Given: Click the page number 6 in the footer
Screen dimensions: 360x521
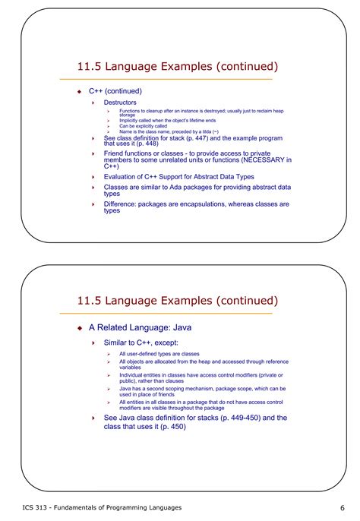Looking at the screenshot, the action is click(343, 507).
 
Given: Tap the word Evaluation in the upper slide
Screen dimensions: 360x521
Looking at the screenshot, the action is click(122, 175).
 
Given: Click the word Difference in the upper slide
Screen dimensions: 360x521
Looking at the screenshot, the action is click(122, 204).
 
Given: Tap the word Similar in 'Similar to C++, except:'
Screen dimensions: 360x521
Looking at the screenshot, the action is click(118, 343).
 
